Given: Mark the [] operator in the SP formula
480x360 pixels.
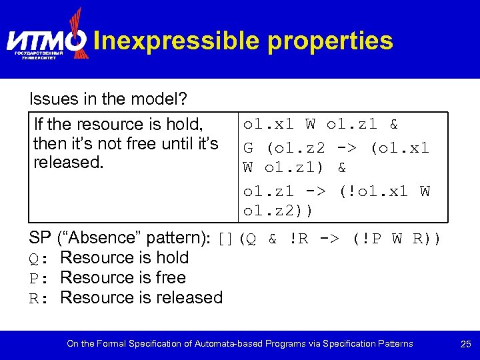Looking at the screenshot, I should [227, 239].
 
